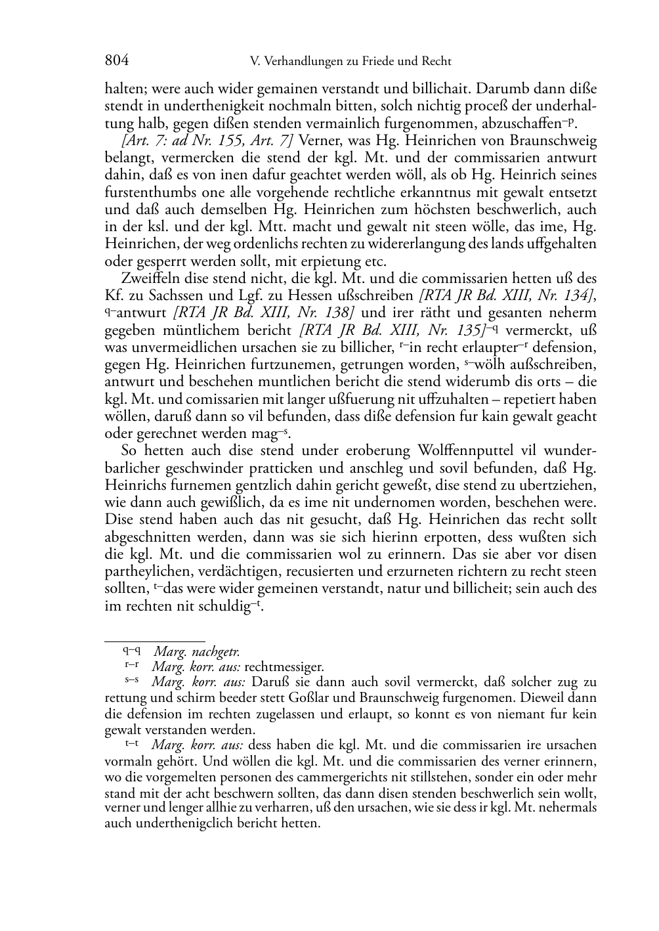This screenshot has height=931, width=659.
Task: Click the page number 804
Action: click(117, 61)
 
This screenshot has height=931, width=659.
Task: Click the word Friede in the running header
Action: click(377, 62)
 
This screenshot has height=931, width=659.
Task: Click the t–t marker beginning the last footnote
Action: click(131, 744)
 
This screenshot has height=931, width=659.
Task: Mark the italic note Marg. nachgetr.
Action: click(197, 652)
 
